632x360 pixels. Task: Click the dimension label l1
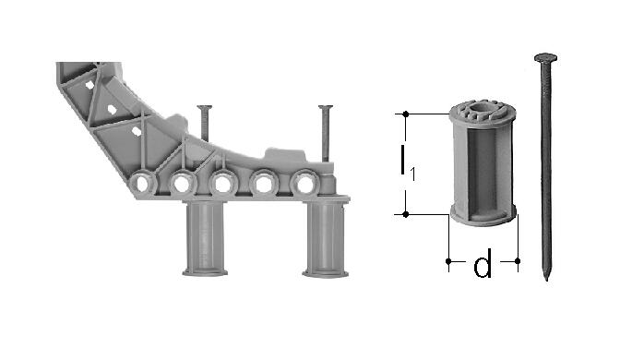point(407,162)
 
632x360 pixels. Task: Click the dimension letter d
point(483,264)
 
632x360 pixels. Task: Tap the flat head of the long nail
point(546,57)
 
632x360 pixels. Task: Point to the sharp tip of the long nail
point(546,280)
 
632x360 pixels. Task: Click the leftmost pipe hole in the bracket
point(142,184)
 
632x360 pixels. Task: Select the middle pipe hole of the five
point(223,185)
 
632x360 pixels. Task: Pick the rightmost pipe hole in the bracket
point(304,185)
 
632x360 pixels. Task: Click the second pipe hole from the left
point(182,185)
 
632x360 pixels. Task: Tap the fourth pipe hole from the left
point(264,185)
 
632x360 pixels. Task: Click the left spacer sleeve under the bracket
point(205,238)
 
